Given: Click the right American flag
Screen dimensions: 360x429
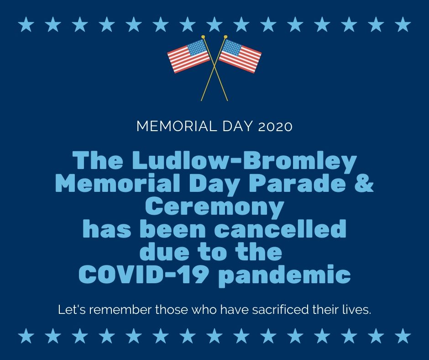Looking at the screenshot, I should (x=240, y=56).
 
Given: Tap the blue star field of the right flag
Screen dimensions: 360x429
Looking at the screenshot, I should (x=231, y=48).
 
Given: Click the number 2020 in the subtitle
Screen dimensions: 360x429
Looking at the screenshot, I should (x=275, y=127).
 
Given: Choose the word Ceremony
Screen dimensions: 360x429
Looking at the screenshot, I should (x=214, y=206).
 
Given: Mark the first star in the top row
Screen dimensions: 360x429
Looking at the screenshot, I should (x=26, y=24).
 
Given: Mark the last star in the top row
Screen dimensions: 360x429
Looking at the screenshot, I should (x=403, y=24).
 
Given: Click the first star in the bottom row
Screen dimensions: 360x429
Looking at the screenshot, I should (x=26, y=336).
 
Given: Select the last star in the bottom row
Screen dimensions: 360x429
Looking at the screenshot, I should (x=403, y=336).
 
